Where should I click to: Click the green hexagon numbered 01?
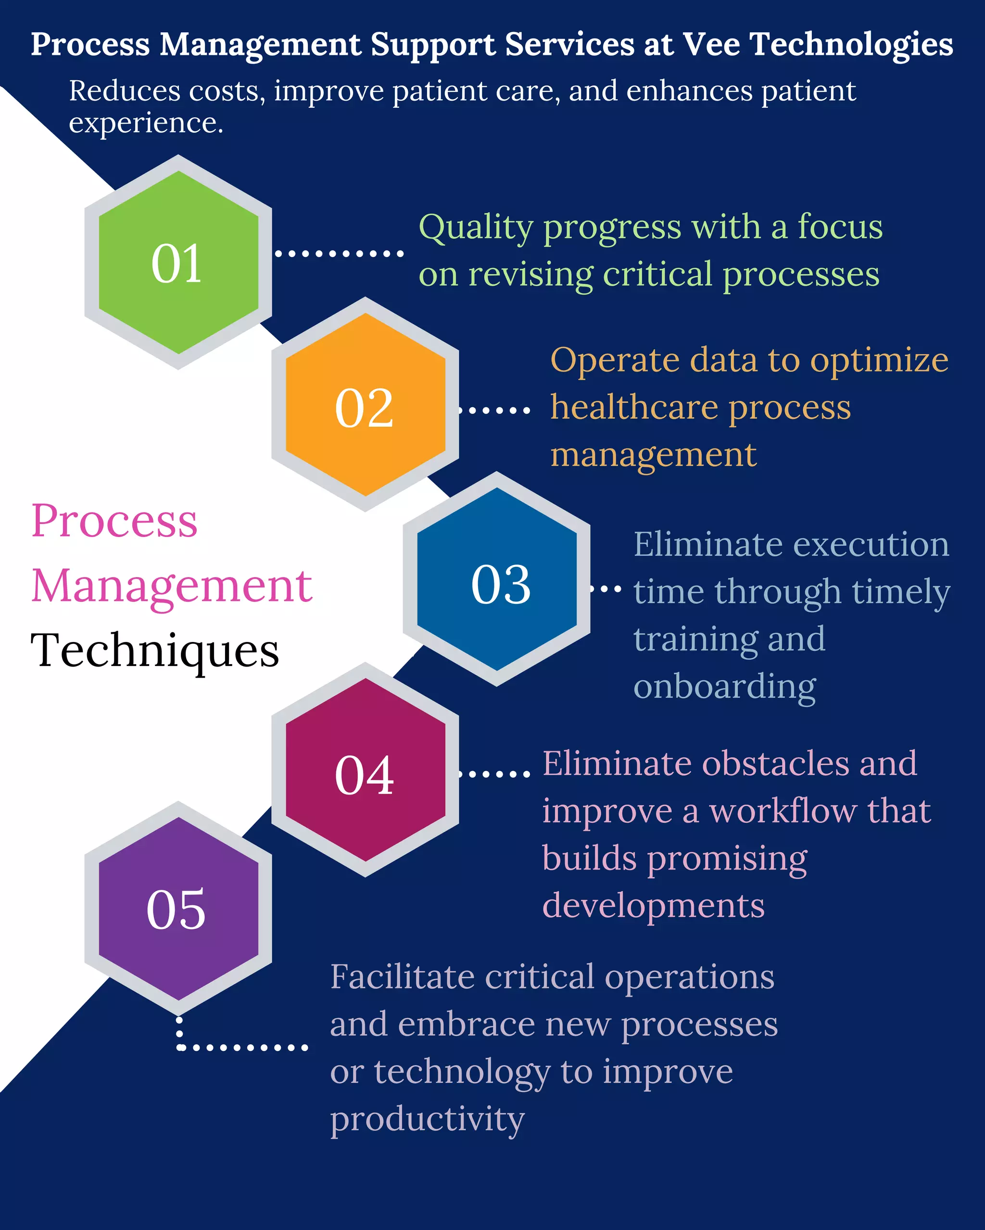coord(178,262)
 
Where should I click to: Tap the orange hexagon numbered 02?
coord(365,405)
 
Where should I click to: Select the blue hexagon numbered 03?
coord(496,579)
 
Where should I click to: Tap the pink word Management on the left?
coord(172,587)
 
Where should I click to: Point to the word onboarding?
coord(724,687)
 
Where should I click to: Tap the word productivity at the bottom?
coord(427,1119)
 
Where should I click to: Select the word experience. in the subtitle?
coord(146,123)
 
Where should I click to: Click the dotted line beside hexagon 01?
coord(340,253)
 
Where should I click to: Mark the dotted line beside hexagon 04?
coord(494,774)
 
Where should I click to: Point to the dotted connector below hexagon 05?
coord(242,1048)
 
